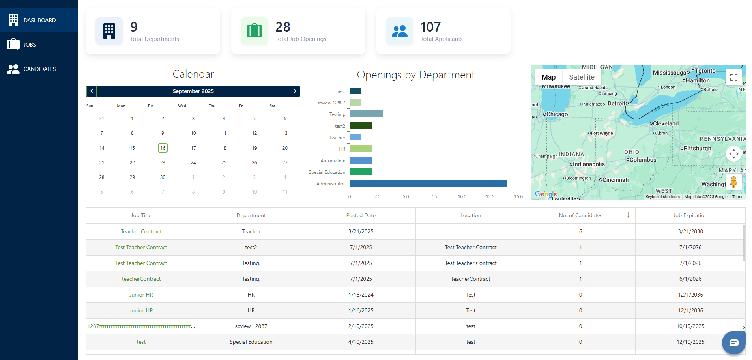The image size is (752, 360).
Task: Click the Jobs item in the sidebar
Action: [30, 45]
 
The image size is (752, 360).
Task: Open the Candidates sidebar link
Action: [39, 69]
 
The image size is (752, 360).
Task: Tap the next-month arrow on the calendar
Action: [295, 91]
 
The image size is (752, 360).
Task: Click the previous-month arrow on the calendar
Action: [92, 91]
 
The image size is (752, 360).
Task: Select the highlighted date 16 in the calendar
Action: [163, 148]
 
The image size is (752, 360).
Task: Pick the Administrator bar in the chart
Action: [428, 183]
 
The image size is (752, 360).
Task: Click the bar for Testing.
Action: [367, 114]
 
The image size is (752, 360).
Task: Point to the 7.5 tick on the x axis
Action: [434, 196]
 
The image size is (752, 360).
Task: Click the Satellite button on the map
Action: [582, 77]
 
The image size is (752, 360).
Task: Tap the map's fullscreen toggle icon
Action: [733, 77]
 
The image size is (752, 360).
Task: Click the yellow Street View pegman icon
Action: [733, 182]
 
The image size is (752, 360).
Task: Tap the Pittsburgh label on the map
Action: [697, 148]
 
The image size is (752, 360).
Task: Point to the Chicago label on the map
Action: [557, 114]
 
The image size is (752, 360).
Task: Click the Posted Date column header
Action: [361, 215]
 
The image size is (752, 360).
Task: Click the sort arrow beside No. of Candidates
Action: [628, 215]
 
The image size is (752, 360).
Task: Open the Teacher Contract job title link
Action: [141, 231]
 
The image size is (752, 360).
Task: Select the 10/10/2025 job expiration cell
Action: [690, 326]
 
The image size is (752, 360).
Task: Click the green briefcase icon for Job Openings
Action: [254, 31]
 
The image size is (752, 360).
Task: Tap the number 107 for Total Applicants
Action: [430, 27]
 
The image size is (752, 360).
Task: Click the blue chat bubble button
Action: [733, 343]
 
